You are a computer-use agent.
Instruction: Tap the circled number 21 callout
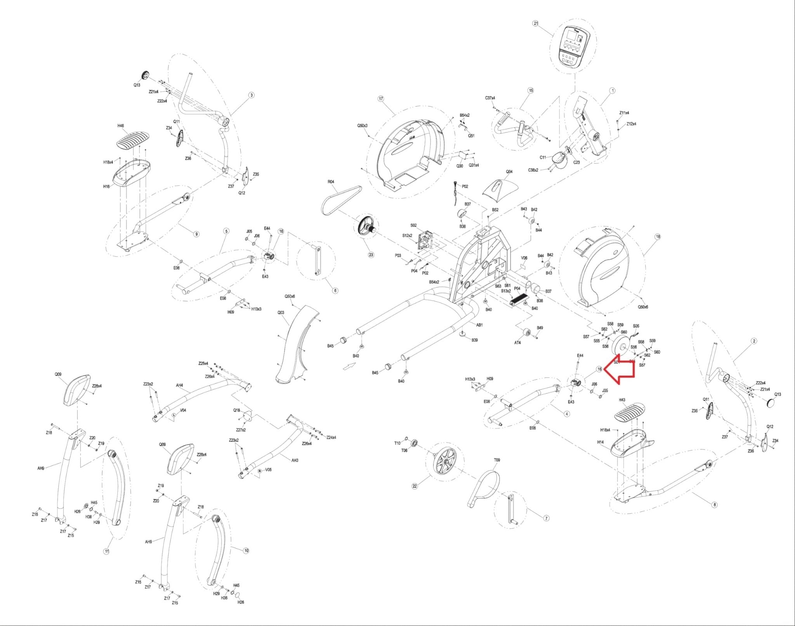(x=536, y=23)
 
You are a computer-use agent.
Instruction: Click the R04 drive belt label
(x=331, y=182)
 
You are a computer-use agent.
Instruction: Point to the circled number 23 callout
(x=371, y=255)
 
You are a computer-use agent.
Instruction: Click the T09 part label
(x=497, y=460)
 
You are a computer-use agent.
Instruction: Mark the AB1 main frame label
(x=479, y=325)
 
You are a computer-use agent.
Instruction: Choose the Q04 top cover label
(x=509, y=172)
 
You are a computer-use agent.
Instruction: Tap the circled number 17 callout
(x=380, y=99)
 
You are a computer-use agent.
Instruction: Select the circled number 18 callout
(x=658, y=236)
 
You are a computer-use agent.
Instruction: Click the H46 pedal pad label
(x=121, y=126)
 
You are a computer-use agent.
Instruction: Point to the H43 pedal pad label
(x=622, y=400)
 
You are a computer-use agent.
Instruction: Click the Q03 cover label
(x=281, y=312)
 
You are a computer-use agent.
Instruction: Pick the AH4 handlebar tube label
(x=179, y=385)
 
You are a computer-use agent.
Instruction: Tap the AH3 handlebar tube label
(x=295, y=460)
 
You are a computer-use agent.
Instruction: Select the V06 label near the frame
(x=524, y=257)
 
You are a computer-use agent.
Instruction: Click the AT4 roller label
(x=517, y=343)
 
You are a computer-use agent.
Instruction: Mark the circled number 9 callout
(x=196, y=234)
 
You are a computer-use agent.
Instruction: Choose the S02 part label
(x=413, y=225)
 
